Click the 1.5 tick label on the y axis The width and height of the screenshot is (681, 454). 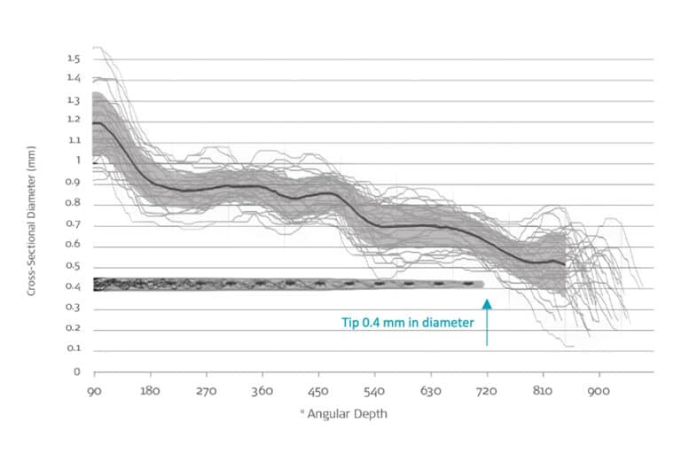click(73, 59)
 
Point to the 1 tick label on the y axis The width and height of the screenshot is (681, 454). click(76, 160)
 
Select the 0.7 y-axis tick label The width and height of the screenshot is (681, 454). click(73, 224)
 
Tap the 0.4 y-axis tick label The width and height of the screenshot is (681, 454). click(73, 286)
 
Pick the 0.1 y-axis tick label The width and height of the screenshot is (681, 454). click(73, 348)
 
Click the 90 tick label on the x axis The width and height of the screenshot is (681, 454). click(94, 390)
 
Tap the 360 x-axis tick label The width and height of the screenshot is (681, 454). click(262, 390)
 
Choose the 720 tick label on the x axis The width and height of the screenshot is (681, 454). click(487, 390)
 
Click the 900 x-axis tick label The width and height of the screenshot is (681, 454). click(599, 390)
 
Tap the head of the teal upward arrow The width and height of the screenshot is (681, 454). click(487, 303)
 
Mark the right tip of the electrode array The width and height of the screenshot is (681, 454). click(483, 284)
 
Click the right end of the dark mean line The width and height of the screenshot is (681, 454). click(565, 264)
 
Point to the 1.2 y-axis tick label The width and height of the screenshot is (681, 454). click(73, 120)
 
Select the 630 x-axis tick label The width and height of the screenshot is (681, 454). click(431, 390)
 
